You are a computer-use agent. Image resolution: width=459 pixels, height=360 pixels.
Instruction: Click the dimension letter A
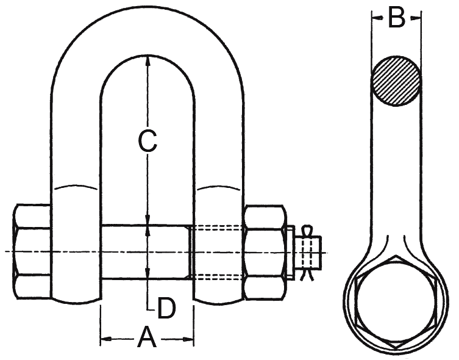(146, 337)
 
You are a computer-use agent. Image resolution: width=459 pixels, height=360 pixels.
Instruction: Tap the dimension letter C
(147, 142)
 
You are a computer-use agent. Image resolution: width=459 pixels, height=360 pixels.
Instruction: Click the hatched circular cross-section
(396, 80)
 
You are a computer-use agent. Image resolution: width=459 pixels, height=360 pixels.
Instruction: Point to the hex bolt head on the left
(30, 251)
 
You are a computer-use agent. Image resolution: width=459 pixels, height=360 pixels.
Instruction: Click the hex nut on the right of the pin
(265, 251)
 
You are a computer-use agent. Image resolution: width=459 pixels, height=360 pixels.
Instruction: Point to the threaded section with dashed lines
(218, 251)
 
